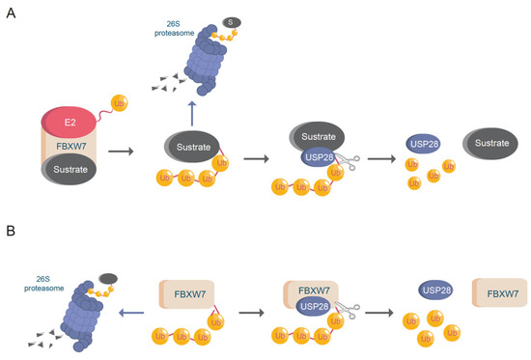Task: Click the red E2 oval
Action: point(69,122)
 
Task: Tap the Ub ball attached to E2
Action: point(119,103)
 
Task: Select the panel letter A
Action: point(12,14)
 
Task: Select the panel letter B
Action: point(11,231)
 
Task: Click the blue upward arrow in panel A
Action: point(192,114)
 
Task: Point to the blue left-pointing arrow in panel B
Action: point(131,313)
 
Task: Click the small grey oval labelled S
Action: point(232,23)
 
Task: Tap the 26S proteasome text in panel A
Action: point(174,28)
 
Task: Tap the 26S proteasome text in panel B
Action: point(43,284)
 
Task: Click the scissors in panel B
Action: point(348,311)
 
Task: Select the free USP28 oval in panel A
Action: point(423,144)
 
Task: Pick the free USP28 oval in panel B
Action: point(435,290)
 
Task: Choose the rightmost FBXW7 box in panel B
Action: point(500,292)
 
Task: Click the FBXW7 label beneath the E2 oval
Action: point(71,147)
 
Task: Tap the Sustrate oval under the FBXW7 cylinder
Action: point(70,169)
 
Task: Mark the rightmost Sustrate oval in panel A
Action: point(490,143)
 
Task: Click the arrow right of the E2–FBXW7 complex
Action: point(121,151)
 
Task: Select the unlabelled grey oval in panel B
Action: point(108,279)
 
